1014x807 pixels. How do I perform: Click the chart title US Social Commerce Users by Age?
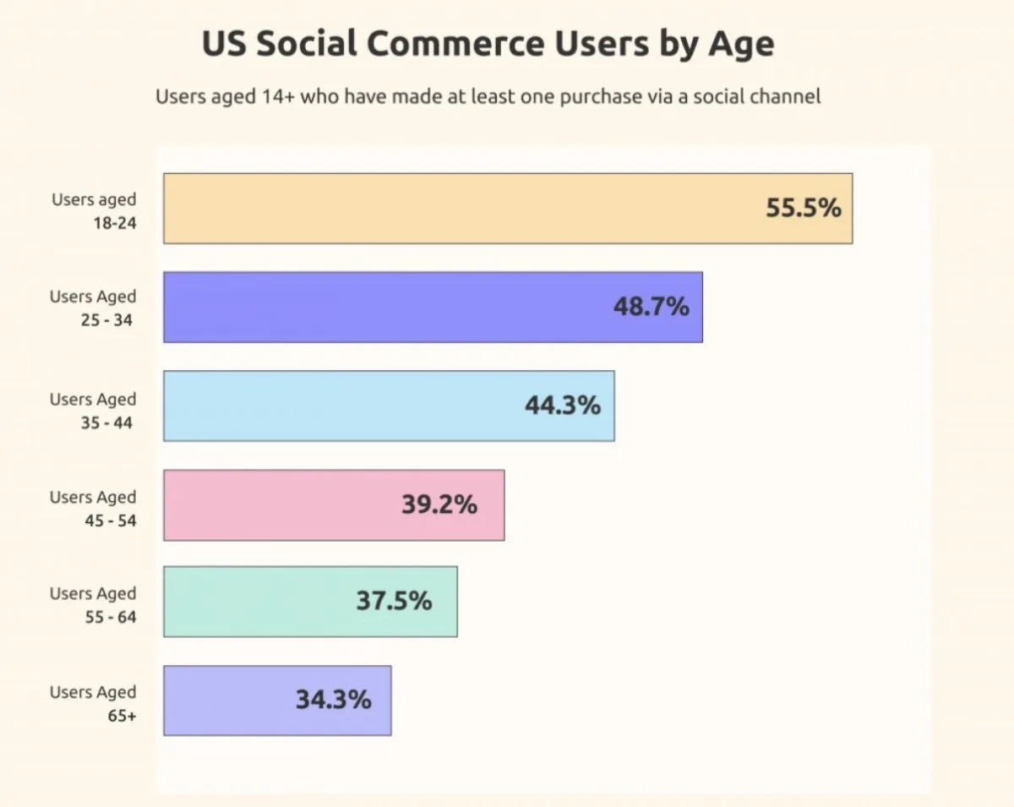point(488,44)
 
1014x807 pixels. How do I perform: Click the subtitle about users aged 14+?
point(488,96)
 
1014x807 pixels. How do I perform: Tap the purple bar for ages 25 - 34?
point(380,307)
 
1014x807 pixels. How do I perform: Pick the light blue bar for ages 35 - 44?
point(338,406)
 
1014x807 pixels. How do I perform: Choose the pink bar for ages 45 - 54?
point(279,504)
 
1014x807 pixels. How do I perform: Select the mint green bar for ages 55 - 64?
point(253,602)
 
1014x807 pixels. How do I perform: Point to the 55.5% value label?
point(804,208)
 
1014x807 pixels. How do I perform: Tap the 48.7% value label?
point(651,307)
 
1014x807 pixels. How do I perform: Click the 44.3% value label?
point(563,406)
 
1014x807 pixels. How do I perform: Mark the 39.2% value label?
point(439,505)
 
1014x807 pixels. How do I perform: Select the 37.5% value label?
point(394,602)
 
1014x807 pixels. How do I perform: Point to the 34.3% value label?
point(333,701)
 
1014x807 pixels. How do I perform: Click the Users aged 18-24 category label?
point(94,212)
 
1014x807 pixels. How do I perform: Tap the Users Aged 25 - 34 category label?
point(93,308)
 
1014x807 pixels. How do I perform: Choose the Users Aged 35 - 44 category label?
point(93,411)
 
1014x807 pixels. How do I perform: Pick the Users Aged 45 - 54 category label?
point(93,509)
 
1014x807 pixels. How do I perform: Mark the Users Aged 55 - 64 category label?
point(93,605)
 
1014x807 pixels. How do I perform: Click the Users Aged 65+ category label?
point(93,704)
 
